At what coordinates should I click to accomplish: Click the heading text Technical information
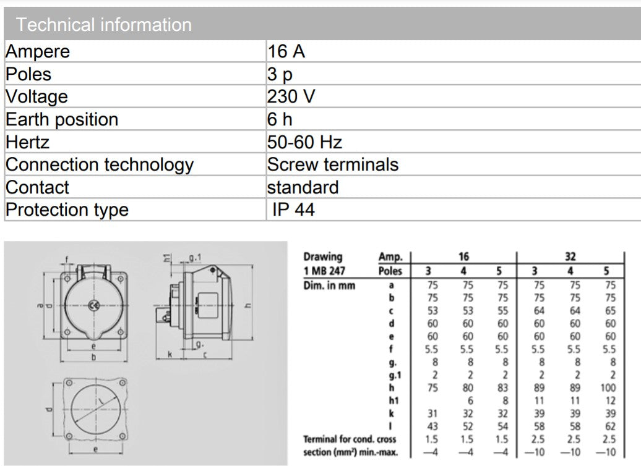103,25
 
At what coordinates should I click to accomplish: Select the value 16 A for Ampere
286,51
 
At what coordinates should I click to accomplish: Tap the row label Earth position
61,119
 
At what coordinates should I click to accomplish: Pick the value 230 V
291,96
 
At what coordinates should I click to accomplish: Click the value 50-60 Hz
304,142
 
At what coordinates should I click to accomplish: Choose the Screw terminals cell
333,164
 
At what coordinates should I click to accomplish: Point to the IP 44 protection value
293,210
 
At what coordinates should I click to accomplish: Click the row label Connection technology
99,164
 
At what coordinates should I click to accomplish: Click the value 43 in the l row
432,426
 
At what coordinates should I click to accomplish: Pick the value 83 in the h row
502,388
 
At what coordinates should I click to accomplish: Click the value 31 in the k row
432,413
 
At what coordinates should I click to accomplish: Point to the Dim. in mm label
329,286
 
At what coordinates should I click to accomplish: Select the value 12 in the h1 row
609,400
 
